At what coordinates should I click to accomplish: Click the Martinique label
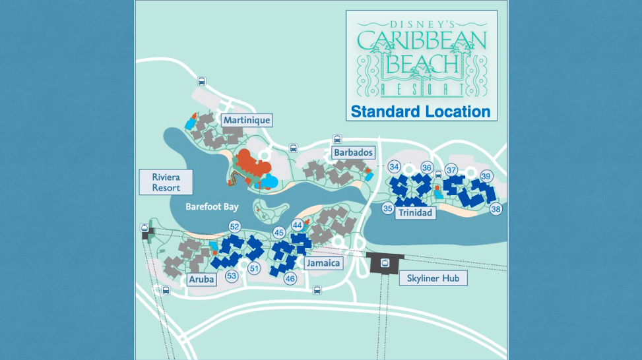[247, 120]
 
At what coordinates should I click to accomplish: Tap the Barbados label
[354, 153]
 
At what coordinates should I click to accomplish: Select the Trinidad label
[415, 213]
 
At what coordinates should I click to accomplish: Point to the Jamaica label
[323, 264]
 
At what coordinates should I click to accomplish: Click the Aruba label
[201, 280]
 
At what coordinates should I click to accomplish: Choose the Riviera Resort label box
[166, 183]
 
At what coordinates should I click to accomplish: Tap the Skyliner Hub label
[433, 278]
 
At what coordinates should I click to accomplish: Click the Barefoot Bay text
[211, 207]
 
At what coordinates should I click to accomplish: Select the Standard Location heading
[420, 111]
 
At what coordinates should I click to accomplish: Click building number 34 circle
[395, 167]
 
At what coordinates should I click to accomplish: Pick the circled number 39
[486, 176]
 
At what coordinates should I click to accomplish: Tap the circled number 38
[496, 209]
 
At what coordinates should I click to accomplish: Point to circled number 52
[234, 227]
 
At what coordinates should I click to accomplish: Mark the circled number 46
[290, 279]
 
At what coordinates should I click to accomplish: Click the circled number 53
[231, 276]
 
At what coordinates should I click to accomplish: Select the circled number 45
[279, 233]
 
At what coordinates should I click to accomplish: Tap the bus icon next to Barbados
[337, 140]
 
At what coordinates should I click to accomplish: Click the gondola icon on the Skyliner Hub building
[385, 263]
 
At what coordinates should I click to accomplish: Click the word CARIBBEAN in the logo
[422, 41]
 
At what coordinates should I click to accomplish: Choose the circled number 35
[388, 208]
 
